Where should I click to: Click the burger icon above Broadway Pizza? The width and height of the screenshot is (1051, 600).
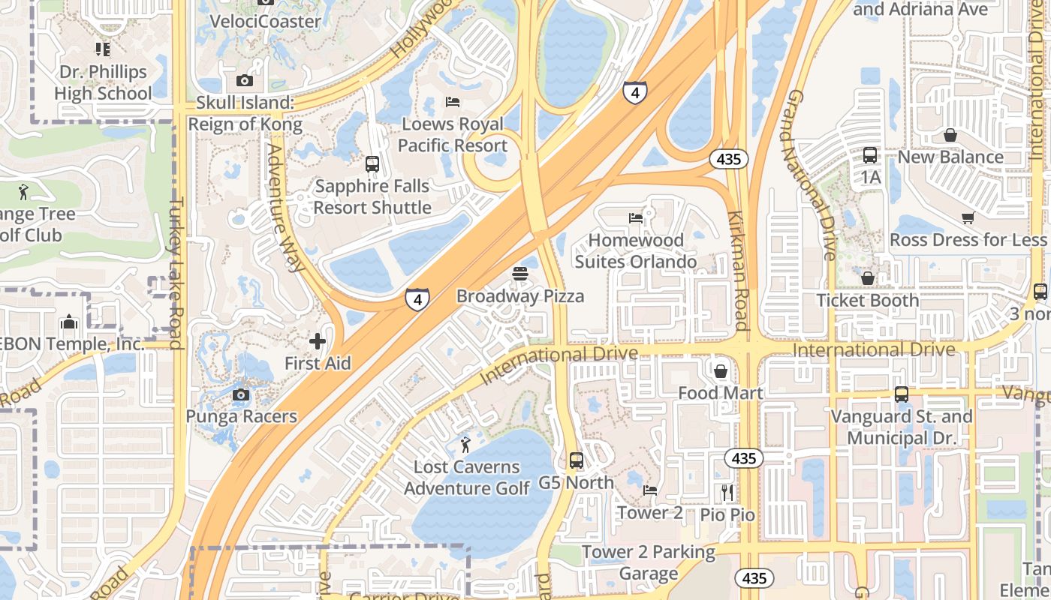point(521,274)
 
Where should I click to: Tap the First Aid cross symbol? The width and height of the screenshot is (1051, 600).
point(318,341)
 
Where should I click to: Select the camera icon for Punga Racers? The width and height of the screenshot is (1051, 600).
point(241,394)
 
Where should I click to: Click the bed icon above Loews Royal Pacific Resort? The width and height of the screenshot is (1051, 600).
point(452,102)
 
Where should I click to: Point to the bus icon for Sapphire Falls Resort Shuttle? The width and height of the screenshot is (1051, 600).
point(372,164)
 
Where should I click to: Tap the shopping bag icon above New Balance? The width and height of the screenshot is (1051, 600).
point(950,135)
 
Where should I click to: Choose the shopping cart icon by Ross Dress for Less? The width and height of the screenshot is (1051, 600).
point(968,218)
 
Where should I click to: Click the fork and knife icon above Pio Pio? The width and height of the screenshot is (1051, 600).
point(727,493)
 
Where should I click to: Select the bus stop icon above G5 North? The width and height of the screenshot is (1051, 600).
point(577,460)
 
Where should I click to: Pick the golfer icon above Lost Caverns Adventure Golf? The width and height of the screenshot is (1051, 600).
point(465,445)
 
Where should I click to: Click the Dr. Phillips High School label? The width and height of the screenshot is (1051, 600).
point(103,82)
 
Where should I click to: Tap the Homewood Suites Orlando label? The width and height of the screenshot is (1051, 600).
point(636,251)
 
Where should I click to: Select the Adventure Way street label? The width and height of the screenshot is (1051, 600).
point(285,208)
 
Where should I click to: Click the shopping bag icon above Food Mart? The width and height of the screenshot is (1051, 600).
point(721,371)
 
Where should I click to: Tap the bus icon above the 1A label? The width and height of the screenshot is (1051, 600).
point(870,155)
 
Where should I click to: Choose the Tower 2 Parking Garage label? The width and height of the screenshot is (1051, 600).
point(649,563)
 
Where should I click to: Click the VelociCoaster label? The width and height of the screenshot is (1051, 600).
point(265,21)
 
